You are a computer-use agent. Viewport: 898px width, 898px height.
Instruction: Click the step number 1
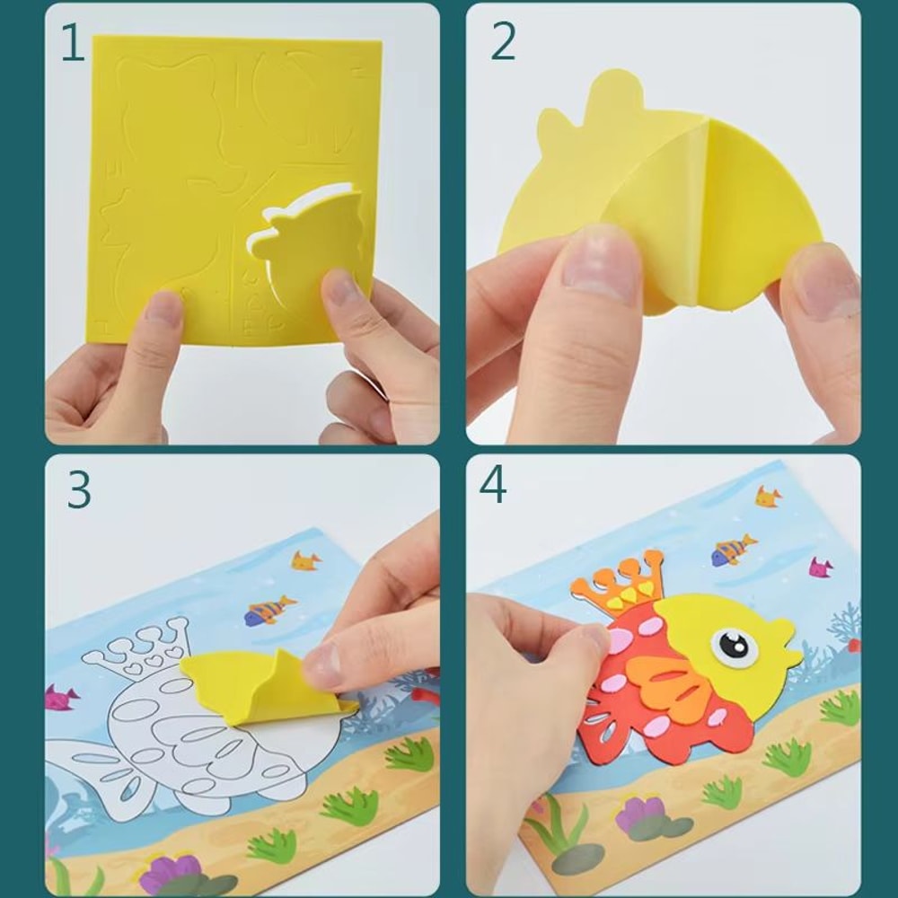click(x=73, y=43)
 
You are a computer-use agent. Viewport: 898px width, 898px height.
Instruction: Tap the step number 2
click(x=503, y=42)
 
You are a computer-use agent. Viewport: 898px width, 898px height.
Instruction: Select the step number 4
click(x=493, y=485)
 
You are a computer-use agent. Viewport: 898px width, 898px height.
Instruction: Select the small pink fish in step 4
click(x=820, y=567)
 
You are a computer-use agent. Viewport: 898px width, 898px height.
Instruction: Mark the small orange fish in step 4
click(x=767, y=496)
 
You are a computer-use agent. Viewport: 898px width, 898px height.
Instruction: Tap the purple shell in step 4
click(x=642, y=814)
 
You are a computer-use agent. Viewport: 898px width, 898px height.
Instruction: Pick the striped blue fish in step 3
click(x=269, y=610)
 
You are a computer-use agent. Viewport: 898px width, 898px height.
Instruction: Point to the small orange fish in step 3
click(x=305, y=560)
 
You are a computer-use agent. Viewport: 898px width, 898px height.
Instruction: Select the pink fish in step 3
click(x=61, y=696)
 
